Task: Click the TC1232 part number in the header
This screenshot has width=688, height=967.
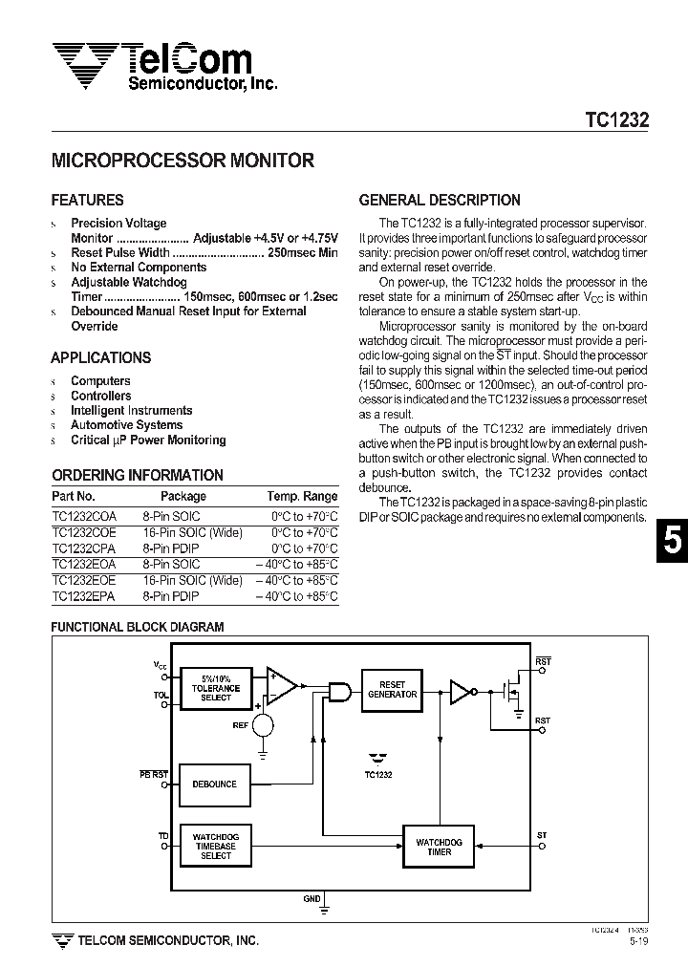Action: pyautogui.click(x=616, y=121)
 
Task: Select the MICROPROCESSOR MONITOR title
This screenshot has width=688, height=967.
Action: pyautogui.click(x=182, y=161)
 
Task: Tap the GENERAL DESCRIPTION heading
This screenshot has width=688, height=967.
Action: pyautogui.click(x=440, y=200)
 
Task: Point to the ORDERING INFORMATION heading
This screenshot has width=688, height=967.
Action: pyautogui.click(x=137, y=475)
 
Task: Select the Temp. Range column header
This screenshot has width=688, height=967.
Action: pyautogui.click(x=302, y=496)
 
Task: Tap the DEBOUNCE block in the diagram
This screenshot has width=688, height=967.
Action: pyautogui.click(x=215, y=784)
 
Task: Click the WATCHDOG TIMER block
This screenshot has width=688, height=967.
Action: pyautogui.click(x=439, y=847)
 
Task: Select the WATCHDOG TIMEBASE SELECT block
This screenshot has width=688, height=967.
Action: pyautogui.click(x=215, y=846)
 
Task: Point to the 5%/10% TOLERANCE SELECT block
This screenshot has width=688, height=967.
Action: pyautogui.click(x=215, y=688)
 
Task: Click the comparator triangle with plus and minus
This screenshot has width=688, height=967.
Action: pyautogui.click(x=281, y=685)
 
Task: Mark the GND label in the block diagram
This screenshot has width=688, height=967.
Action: pyautogui.click(x=312, y=899)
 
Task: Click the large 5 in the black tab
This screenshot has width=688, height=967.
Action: pyautogui.click(x=672, y=543)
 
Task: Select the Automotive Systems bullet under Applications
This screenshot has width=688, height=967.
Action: pyautogui.click(x=126, y=425)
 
